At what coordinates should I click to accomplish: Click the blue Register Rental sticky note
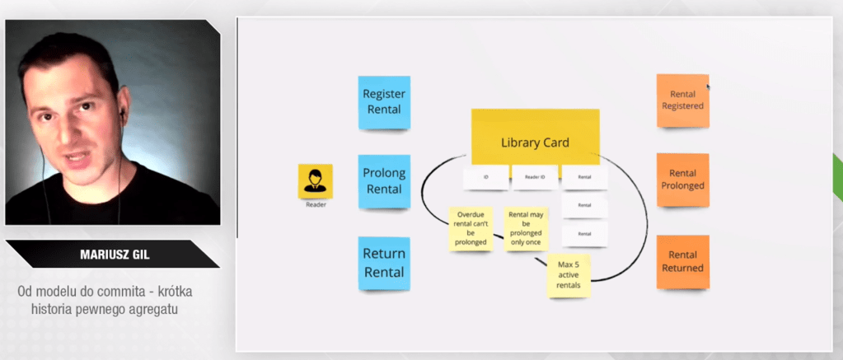tap(384, 102)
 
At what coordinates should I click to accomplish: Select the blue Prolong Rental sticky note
tap(384, 181)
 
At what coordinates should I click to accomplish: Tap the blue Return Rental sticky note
tap(384, 263)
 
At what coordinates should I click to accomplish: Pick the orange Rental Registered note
tap(682, 101)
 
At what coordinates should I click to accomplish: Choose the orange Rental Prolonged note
tap(682, 180)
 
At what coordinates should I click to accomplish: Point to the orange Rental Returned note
tap(682, 261)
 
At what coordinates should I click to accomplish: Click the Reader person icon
tap(315, 181)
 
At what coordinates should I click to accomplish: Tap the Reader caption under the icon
tap(316, 205)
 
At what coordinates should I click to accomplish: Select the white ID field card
tap(485, 177)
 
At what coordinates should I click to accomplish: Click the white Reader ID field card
tap(535, 177)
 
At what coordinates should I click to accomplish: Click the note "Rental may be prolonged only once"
tap(524, 228)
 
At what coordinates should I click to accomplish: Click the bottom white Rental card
tap(584, 233)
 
